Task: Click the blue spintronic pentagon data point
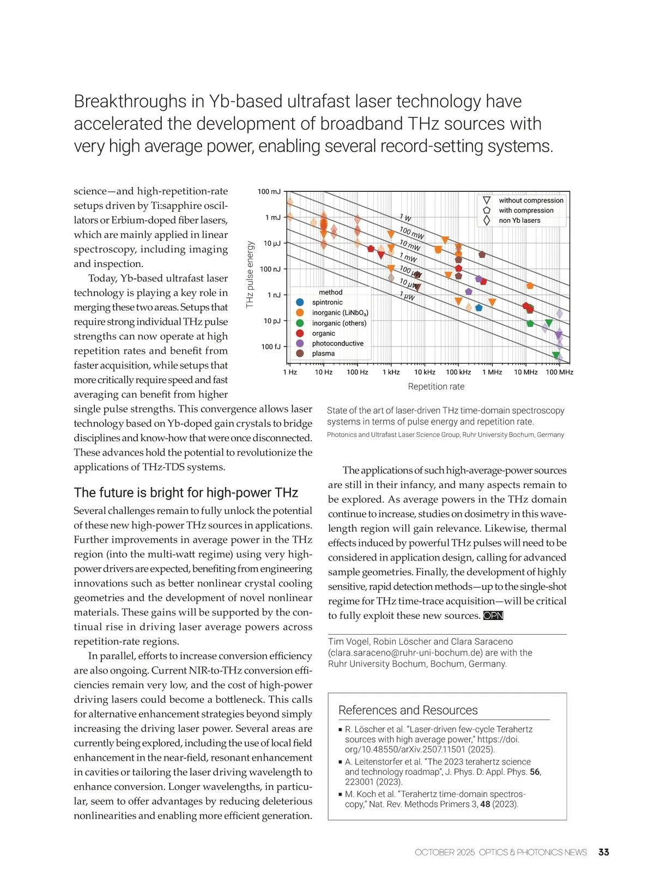(x=479, y=307)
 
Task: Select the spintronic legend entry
(x=327, y=302)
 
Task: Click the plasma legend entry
(x=323, y=354)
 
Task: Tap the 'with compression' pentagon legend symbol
(x=487, y=210)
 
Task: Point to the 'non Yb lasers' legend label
(x=519, y=221)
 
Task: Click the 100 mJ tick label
(x=269, y=192)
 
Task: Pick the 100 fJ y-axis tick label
(x=270, y=347)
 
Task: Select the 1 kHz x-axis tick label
(x=391, y=372)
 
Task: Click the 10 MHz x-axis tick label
(x=525, y=372)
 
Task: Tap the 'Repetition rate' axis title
(x=436, y=386)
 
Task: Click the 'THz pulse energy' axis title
(x=250, y=275)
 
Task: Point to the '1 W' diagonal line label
(x=405, y=218)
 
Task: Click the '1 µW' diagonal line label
(x=407, y=296)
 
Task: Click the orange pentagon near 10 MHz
(x=530, y=285)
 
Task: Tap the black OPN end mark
(x=493, y=616)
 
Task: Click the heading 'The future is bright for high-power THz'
(x=186, y=493)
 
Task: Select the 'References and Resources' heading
(x=408, y=710)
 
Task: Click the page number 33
(x=603, y=852)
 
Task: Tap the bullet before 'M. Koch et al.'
(x=340, y=794)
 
